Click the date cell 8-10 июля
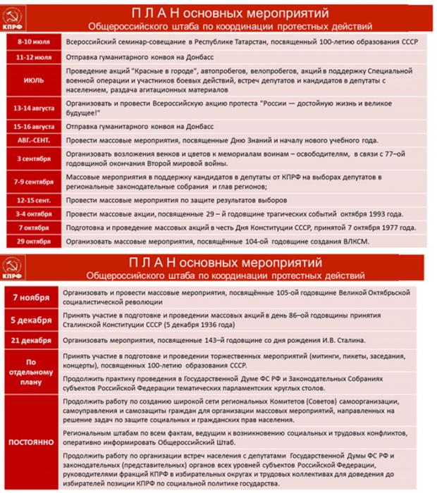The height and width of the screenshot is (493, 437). coord(32,42)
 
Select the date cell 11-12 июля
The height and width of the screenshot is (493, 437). coord(32,56)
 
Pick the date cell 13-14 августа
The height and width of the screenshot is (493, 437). coord(32,110)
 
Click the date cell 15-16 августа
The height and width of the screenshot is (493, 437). coord(32,127)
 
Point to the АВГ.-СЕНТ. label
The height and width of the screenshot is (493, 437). coord(32,141)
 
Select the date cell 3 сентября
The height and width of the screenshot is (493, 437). coord(32,159)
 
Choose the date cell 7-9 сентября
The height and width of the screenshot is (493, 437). coord(32,182)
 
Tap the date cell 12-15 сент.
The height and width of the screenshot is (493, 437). coord(32,200)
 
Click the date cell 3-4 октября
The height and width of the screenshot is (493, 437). coord(32,214)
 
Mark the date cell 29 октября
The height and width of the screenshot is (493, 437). coord(32,242)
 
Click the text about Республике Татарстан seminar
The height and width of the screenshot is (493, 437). coord(240,42)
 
